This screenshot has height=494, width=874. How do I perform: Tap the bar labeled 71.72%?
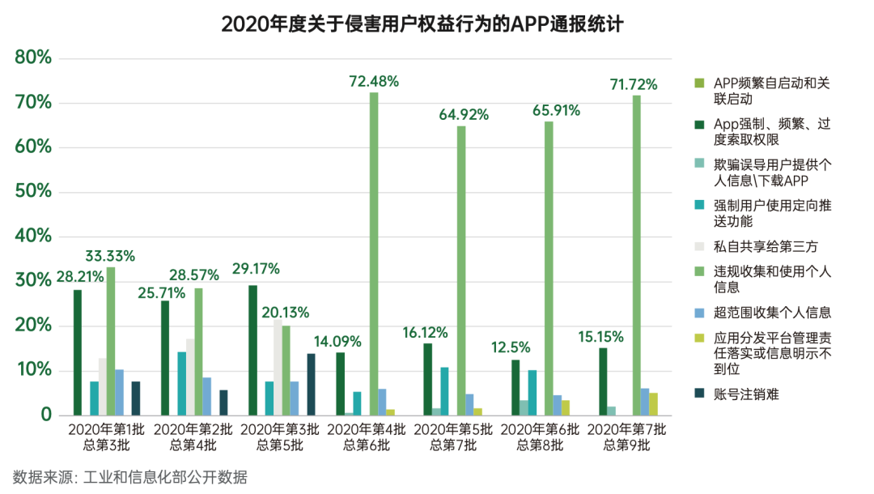coord(636,255)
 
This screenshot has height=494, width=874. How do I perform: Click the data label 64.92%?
coord(464,114)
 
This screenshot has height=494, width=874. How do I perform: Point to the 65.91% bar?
coord(549,268)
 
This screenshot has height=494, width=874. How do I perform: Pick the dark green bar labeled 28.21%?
coord(78,352)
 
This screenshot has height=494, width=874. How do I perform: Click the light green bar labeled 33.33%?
coord(111,341)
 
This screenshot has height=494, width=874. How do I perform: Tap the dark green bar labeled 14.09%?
coord(340,384)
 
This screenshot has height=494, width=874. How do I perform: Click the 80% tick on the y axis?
coord(33,57)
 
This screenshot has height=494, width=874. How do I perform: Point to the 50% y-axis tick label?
coord(33,192)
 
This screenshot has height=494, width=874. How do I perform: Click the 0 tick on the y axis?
coord(45,415)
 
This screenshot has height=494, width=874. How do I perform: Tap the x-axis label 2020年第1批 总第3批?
coord(105,437)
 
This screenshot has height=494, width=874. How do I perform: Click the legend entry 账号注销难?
coord(745,394)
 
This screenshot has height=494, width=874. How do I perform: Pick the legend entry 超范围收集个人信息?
coord(772,312)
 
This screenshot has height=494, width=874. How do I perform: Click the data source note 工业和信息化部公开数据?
coord(130,476)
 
